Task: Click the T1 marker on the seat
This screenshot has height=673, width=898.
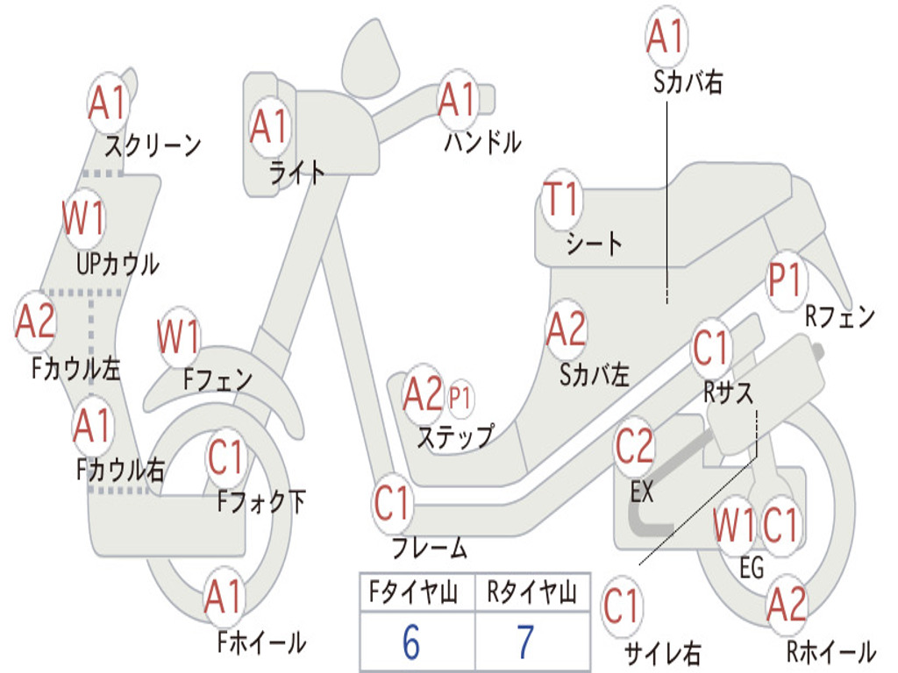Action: point(562,199)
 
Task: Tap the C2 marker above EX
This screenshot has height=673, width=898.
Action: point(634,447)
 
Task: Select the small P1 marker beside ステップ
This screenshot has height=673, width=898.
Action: point(460,397)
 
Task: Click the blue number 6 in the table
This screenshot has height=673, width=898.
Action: point(411,642)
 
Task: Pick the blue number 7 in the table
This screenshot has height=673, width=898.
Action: point(526,642)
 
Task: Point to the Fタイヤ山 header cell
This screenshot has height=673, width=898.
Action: point(417,592)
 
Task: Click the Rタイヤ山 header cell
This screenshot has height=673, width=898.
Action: point(532,592)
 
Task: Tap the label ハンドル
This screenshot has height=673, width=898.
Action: point(483,142)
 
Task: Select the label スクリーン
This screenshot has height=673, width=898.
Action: point(153,145)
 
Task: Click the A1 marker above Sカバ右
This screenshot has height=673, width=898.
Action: point(666,37)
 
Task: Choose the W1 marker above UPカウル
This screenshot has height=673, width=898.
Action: point(83,218)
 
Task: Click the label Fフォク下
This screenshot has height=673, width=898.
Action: point(261,502)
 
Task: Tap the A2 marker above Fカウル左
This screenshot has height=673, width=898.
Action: point(35,322)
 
